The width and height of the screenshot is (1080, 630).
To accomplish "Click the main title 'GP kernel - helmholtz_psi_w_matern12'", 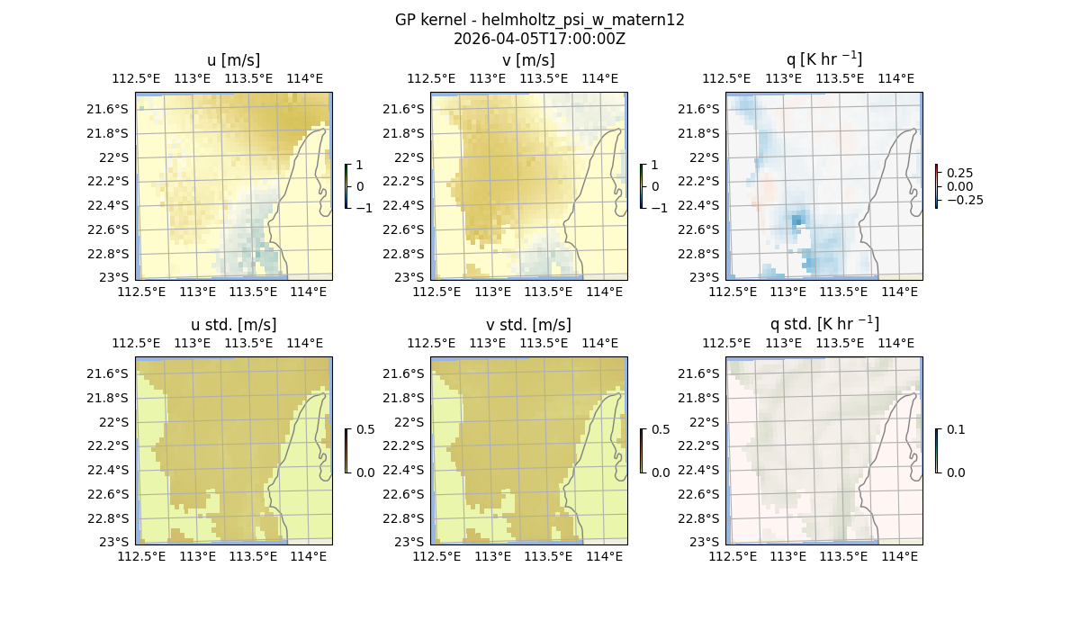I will pos(539,20).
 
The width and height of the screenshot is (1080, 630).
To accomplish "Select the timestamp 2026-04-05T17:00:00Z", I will pos(539,39).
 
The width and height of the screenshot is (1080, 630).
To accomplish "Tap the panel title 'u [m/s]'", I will pos(233,60).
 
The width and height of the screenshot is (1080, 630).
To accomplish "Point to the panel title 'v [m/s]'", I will pos(528,60).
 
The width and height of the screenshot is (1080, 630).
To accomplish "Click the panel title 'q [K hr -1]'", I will pos(823,59).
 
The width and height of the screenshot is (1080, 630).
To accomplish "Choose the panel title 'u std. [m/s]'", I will pos(233,325).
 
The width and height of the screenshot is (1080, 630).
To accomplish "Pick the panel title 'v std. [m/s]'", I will pos(528,325).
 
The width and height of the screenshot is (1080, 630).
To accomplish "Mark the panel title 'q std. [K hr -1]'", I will pos(823,324).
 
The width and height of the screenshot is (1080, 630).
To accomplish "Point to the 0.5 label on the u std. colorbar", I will pos(364,429).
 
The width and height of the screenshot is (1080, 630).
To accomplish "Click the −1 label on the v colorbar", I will pos(659,208).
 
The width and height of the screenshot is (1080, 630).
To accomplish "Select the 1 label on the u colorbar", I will pos(360,166).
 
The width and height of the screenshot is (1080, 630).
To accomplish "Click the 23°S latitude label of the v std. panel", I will pos(409,542).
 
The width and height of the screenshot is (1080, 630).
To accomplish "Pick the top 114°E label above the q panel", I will pos(895,78).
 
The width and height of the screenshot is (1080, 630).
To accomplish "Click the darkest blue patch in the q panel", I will pos(796,220).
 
